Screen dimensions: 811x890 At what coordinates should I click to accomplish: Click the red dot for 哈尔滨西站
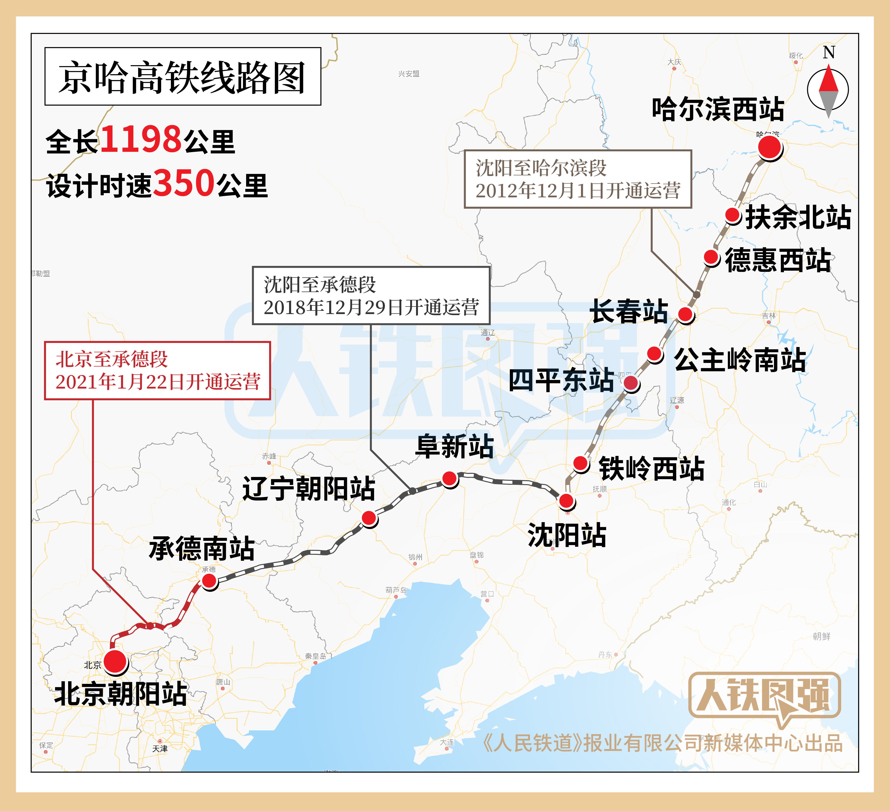point(769,147)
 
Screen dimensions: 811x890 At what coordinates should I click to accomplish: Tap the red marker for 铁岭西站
point(581,463)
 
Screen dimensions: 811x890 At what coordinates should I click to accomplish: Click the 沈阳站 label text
point(567,535)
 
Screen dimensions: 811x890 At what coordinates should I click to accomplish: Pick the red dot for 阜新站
point(450,478)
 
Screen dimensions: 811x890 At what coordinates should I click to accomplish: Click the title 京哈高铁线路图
point(182,77)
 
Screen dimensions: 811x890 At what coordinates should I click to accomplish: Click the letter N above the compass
point(829,52)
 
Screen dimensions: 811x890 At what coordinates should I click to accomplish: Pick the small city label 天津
point(160,749)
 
